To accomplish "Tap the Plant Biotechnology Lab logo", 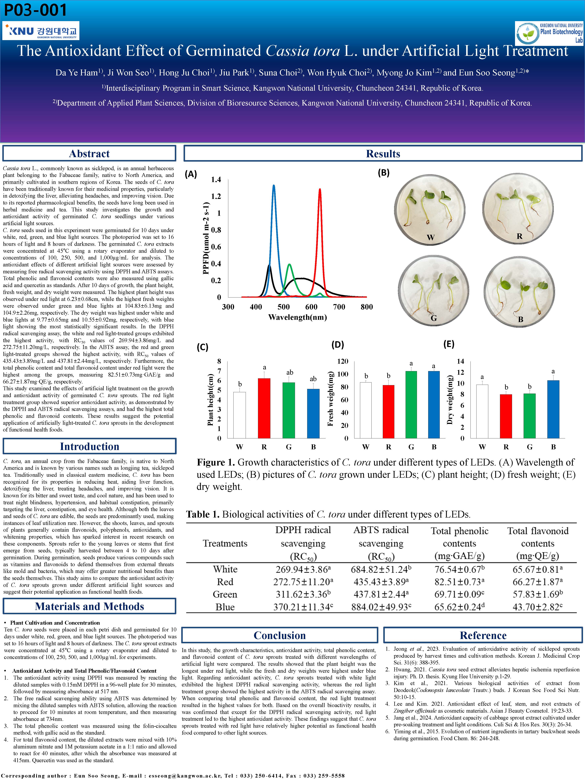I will pyautogui.click(x=549, y=33).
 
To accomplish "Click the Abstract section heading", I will pyautogui.click(x=89, y=154).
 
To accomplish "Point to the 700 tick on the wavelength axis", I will pyautogui.click(x=339, y=307).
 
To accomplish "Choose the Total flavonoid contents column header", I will pyautogui.click(x=538, y=543).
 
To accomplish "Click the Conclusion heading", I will pyautogui.click(x=280, y=635).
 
